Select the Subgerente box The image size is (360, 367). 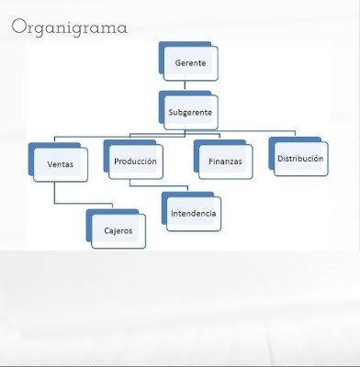[191, 113]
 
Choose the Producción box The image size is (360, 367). [135, 162]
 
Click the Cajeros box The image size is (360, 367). [118, 230]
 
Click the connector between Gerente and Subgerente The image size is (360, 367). [191, 85]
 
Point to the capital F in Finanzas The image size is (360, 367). [210, 162]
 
